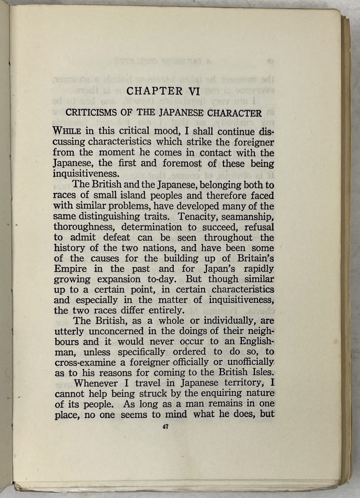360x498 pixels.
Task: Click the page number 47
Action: [166, 427]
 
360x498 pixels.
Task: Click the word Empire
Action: [70, 269]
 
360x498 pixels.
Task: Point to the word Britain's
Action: [256, 258]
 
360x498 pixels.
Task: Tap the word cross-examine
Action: [85, 363]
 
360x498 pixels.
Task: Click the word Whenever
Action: [95, 383]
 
